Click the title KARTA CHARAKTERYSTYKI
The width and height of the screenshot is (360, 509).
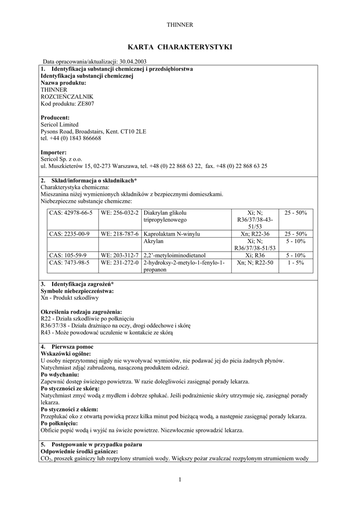pyautogui.click(x=180, y=47)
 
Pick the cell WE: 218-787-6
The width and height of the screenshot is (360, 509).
pyautogui.click(x=119, y=234)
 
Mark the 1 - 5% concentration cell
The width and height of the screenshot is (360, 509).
pyautogui.click(x=295, y=262)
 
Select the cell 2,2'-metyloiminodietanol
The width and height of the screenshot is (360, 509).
pyautogui.click(x=175, y=255)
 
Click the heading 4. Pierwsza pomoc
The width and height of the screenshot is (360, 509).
pyautogui.click(x=67, y=346)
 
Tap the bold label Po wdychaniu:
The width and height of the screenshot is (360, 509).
pyautogui.click(x=60, y=374)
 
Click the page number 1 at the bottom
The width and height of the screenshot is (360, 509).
pyautogui.click(x=180, y=479)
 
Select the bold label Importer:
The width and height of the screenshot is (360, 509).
pyautogui.click(x=53, y=152)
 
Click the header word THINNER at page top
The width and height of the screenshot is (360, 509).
pyautogui.click(x=180, y=24)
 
